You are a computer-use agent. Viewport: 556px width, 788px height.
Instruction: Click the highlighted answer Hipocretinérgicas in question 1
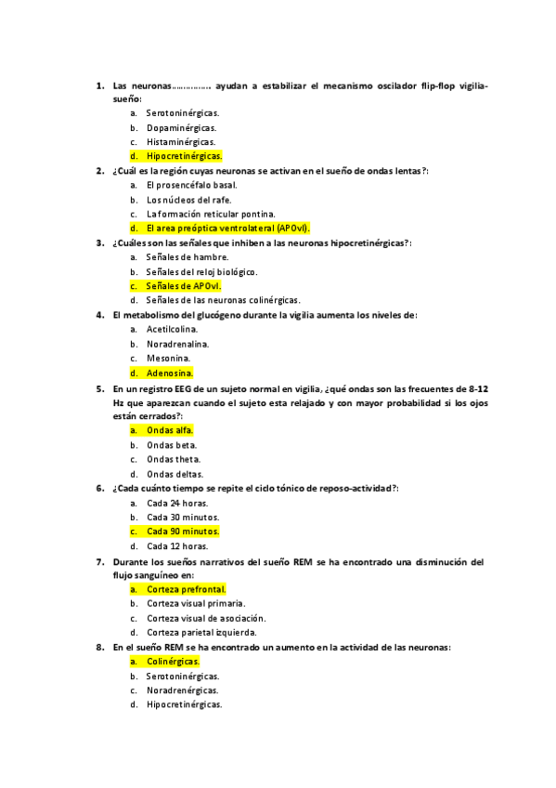tap(184, 156)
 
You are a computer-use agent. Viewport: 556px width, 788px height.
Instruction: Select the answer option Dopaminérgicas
tap(182, 127)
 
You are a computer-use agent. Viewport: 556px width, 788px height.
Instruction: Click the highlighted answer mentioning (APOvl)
tap(228, 228)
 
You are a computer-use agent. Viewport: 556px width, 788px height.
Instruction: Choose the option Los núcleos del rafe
tap(189, 199)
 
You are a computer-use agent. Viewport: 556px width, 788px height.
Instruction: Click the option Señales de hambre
tap(187, 256)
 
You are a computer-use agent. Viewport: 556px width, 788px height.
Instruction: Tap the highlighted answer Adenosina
tap(170, 372)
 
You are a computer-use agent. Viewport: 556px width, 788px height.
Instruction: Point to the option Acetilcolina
tap(175, 329)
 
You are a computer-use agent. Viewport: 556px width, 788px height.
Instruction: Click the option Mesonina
tap(169, 358)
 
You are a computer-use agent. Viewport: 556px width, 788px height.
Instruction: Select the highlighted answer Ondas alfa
tap(170, 430)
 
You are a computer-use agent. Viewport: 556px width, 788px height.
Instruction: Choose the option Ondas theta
tap(174, 459)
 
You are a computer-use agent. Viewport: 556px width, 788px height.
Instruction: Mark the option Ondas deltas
tap(175, 474)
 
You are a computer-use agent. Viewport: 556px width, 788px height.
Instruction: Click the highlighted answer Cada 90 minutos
tap(183, 532)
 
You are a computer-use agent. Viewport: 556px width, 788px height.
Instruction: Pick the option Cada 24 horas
tap(177, 503)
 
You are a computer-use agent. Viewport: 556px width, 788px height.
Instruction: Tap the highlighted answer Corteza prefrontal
tap(187, 589)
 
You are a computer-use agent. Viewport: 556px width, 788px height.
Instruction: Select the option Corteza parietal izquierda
tap(201, 633)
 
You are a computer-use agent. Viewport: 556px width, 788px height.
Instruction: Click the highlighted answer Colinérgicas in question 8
tap(174, 662)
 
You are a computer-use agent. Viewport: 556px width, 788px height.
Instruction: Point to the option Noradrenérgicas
tap(183, 690)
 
